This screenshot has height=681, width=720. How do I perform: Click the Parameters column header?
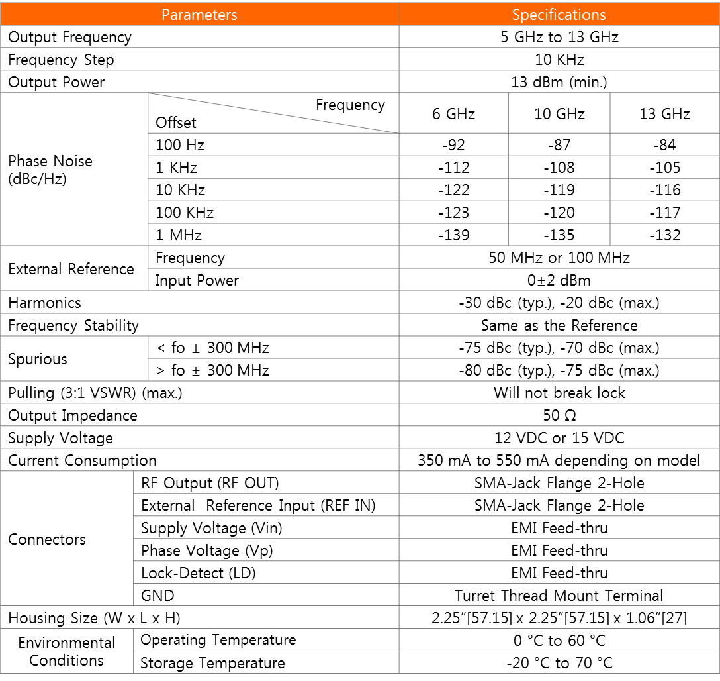tap(199, 14)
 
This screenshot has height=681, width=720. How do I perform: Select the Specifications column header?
tap(559, 14)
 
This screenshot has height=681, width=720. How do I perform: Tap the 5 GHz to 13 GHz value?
tap(559, 37)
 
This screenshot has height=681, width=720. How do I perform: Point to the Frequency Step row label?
tap(61, 60)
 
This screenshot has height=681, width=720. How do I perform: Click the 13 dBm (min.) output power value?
tap(559, 82)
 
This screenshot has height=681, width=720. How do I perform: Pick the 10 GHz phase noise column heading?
tap(559, 114)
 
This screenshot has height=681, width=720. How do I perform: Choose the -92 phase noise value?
tap(453, 145)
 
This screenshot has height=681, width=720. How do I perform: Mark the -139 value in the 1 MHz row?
tap(453, 235)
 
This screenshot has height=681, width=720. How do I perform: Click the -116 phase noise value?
tap(665, 190)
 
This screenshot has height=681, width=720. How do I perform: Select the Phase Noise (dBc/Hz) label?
tap(50, 170)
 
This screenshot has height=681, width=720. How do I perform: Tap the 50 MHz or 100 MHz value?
tap(559, 258)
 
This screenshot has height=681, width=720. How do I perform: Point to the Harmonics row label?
tap(44, 303)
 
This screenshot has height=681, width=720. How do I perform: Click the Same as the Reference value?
tap(559, 325)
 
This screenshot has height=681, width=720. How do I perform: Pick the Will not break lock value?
tap(559, 393)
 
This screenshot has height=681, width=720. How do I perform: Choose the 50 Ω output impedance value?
tap(559, 415)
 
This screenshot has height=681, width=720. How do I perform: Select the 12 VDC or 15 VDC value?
tap(559, 438)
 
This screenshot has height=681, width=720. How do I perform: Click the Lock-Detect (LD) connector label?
tap(198, 573)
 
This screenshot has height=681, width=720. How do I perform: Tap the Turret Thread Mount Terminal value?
tap(559, 596)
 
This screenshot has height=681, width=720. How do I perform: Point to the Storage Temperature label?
tap(212, 663)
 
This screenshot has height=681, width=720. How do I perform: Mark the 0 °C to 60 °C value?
tap(559, 641)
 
